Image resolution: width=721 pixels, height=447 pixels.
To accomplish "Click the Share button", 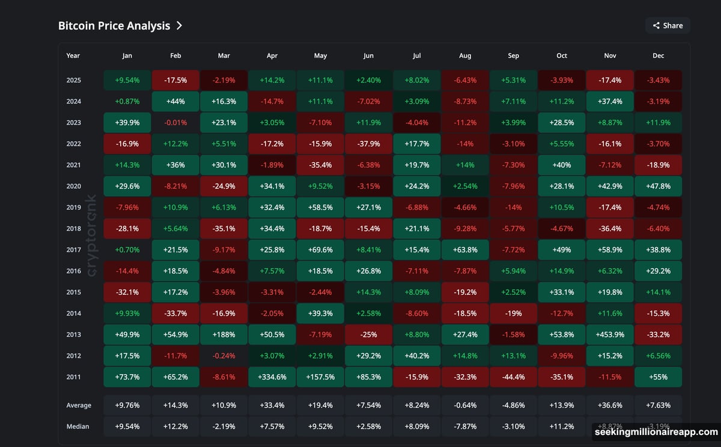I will point(668,25).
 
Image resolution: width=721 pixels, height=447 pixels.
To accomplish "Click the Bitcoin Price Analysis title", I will point(114,25).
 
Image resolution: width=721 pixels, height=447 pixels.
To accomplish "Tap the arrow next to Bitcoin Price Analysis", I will point(179,25).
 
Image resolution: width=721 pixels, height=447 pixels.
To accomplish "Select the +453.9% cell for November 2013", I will point(610,334).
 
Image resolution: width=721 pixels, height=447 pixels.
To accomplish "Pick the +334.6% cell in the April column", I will point(272,377).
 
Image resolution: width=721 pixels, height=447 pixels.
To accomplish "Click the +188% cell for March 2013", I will point(224,334).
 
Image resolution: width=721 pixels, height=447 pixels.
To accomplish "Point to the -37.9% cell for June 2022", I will point(368,144).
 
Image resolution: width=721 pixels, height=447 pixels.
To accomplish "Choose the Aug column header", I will point(465,55).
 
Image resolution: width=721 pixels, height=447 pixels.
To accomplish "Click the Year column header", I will point(73,55).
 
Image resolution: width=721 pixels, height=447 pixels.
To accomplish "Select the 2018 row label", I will point(73,229).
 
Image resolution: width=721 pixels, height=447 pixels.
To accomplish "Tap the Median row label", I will point(78,427).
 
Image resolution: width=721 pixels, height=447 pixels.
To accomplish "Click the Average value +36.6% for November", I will point(610,405).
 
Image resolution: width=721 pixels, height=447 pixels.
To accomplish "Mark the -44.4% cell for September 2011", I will point(513,377).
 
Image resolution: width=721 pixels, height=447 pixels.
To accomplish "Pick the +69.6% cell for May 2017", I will point(320,250).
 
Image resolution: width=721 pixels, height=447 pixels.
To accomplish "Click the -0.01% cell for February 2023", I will point(175,123).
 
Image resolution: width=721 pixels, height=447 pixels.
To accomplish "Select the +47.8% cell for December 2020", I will point(658,187).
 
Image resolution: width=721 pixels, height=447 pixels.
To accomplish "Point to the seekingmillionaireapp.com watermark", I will point(656,432).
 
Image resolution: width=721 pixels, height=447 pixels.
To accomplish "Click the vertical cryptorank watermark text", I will point(92,235).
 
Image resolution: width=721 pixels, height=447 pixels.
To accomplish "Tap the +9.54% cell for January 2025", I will point(127,80).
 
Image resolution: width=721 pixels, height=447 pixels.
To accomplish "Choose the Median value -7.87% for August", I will point(465,427).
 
